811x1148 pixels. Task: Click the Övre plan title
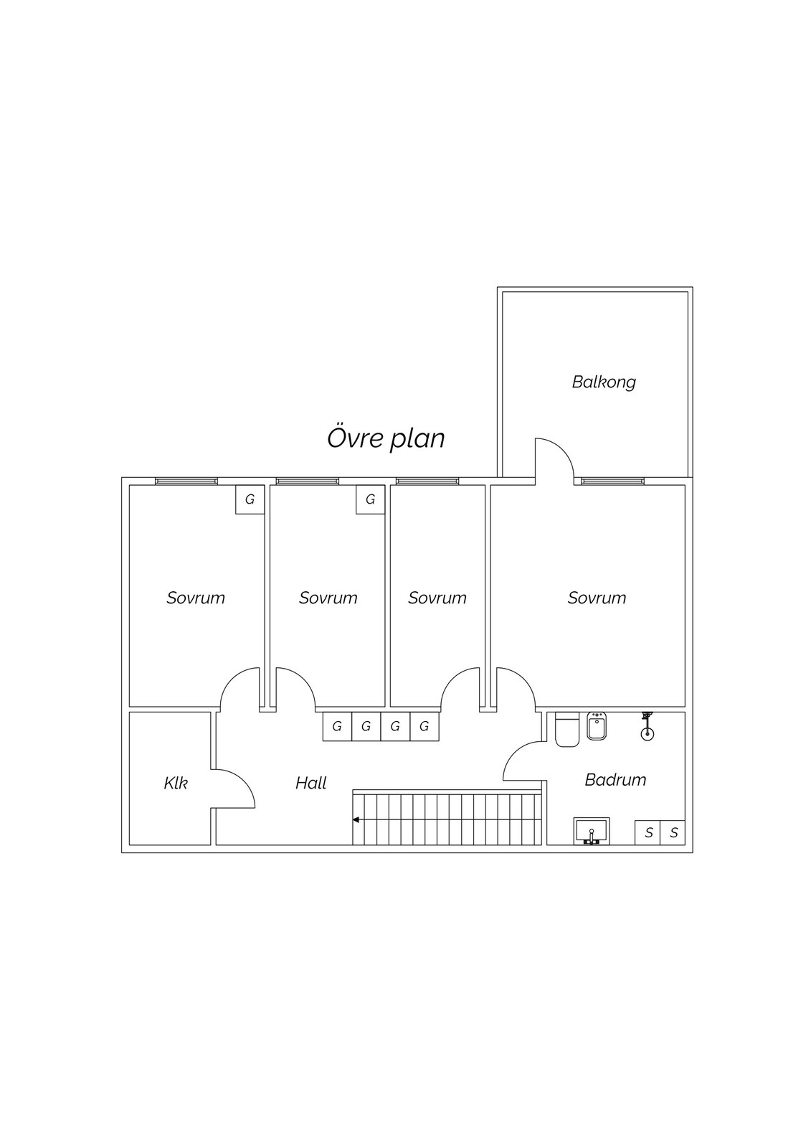[x=386, y=438]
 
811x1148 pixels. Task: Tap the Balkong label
[x=604, y=382]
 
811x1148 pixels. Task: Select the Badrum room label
[x=615, y=780]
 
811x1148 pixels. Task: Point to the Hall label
[x=311, y=783]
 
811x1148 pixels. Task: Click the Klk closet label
[x=176, y=783]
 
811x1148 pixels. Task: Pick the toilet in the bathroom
[x=567, y=729]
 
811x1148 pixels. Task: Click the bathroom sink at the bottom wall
[x=591, y=831]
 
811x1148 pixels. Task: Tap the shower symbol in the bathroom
[x=648, y=727]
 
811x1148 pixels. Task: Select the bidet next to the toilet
[x=597, y=726]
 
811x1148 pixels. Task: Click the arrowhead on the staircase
[x=356, y=820]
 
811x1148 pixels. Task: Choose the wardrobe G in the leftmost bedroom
[x=250, y=499]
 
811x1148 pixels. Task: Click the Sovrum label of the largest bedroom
[x=597, y=598]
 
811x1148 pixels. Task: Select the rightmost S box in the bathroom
[x=673, y=833]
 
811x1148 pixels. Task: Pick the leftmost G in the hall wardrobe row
[x=337, y=726]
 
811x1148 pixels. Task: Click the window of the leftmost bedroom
[x=186, y=481]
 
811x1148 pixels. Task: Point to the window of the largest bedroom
[x=612, y=481]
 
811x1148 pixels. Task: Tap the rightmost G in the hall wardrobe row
[x=425, y=726]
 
